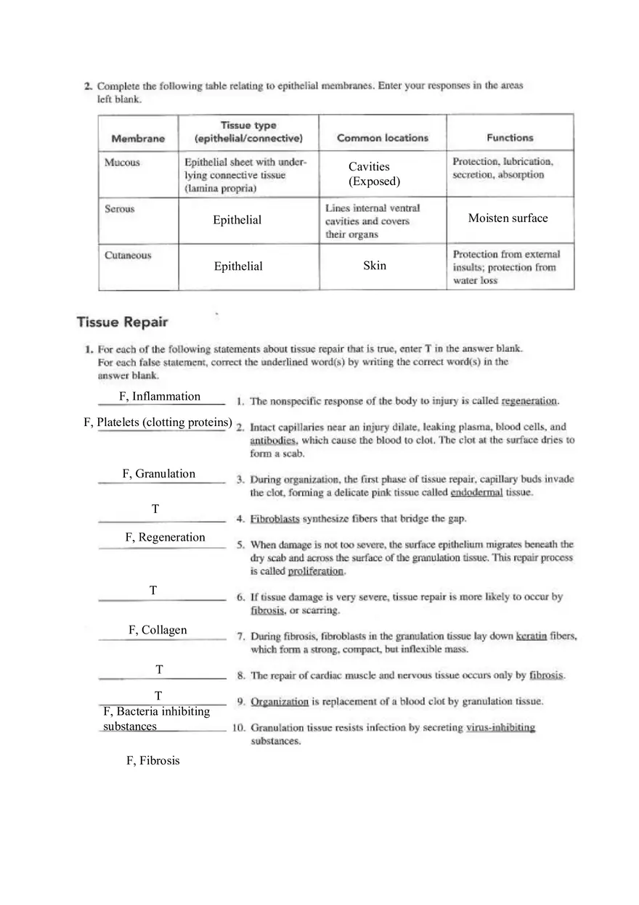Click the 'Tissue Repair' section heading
coord(122,322)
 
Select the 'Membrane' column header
coord(138,139)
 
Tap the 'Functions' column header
coord(510,138)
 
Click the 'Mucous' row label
coord(122,163)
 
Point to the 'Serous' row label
coord(120,209)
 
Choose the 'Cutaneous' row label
coord(128,255)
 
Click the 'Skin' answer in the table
coord(375,266)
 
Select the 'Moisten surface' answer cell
coord(508,218)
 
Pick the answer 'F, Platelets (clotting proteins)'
coord(158,422)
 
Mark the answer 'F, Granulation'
coord(158,474)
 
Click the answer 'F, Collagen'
coord(158,630)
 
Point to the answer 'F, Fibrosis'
coord(152,761)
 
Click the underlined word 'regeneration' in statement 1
coord(529,401)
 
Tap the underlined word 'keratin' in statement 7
coord(531,636)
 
